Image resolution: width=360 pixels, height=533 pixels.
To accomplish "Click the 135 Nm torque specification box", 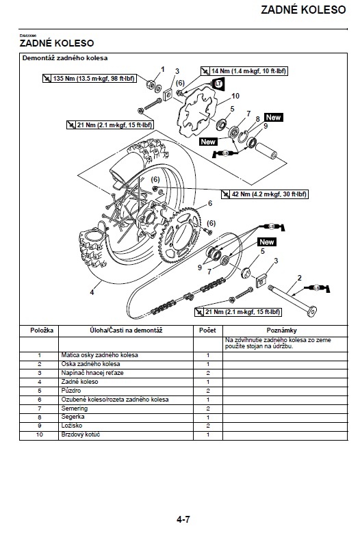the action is [90, 78].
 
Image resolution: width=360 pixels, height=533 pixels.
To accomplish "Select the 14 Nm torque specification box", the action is [244, 70].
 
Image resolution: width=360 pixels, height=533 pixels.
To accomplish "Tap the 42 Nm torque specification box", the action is [265, 194].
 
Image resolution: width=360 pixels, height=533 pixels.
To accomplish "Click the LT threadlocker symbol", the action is [218, 83].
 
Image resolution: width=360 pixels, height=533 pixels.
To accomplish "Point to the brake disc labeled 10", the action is [196, 112].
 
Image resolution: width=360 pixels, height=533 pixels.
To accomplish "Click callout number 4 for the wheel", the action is [92, 292].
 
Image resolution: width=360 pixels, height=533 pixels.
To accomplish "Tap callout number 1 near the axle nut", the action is [162, 69].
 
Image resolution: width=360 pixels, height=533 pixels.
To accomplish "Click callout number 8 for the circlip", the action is [257, 119].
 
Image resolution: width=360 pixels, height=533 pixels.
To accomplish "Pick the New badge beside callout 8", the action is [274, 117].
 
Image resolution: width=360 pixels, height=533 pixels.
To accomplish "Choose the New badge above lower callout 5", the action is [267, 242].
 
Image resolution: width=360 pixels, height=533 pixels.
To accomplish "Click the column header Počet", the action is [207, 330].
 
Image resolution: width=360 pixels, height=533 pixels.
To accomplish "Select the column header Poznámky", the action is [281, 330].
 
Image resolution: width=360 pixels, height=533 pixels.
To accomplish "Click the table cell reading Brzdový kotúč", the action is [81, 434].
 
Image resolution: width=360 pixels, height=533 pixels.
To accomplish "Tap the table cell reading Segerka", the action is [73, 417].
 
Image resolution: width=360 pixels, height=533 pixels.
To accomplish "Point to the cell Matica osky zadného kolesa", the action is [100, 355].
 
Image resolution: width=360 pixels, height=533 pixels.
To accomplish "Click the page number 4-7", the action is [183, 519].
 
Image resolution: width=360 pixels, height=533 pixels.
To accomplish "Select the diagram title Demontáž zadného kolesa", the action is [65, 57].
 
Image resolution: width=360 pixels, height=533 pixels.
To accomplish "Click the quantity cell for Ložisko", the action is [208, 426].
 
